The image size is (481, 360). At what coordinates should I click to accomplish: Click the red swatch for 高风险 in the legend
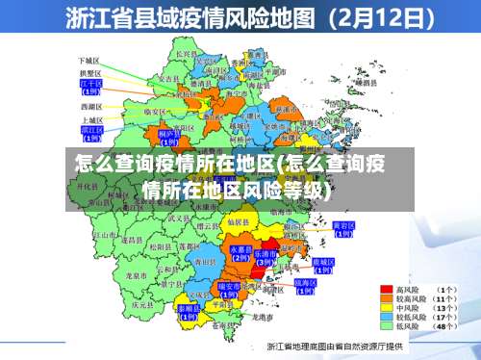(x=388, y=288)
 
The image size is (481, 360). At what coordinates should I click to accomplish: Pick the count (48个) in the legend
(x=445, y=327)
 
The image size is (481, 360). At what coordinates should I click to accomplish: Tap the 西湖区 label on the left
(x=91, y=106)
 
